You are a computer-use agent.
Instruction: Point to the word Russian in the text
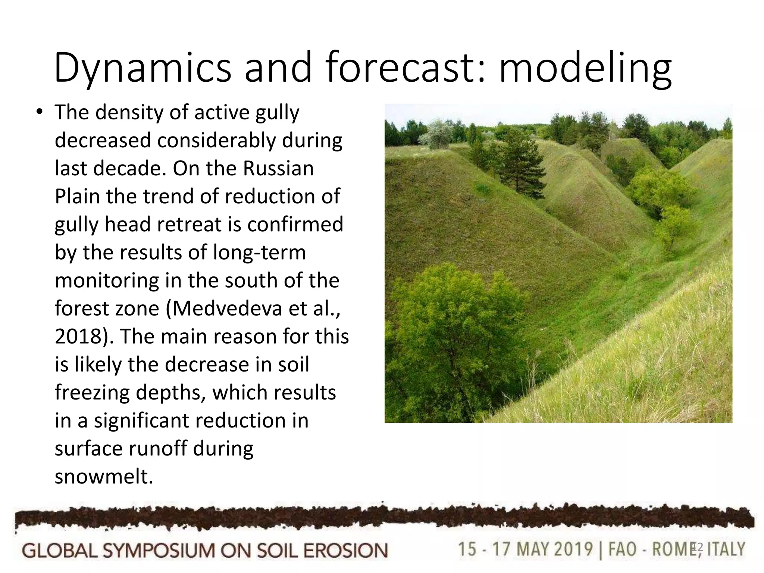click(278, 168)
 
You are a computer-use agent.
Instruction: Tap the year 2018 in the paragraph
click(75, 336)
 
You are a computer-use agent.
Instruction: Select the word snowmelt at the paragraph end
click(104, 476)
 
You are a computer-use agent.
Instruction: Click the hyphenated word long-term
click(259, 253)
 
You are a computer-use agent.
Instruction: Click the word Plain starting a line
click(77, 197)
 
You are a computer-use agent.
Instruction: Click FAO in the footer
click(622, 549)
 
